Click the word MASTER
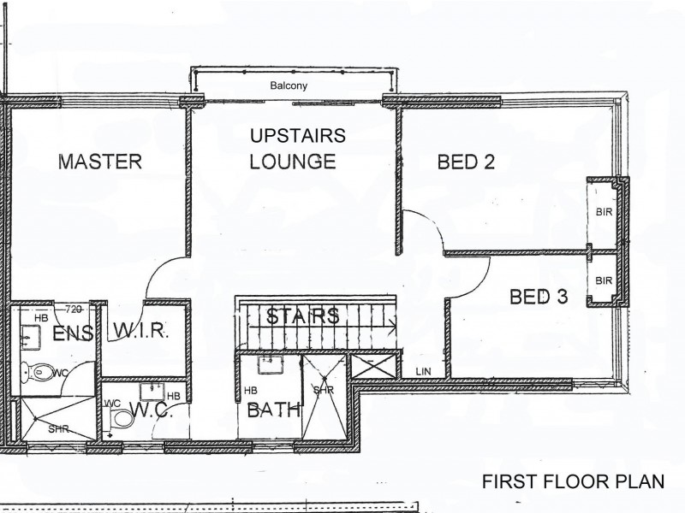pyautogui.click(x=99, y=162)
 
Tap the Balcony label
pyautogui.click(x=289, y=86)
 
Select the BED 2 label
pyautogui.click(x=466, y=162)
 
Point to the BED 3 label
pyautogui.click(x=538, y=297)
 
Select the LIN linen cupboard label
pyautogui.click(x=423, y=370)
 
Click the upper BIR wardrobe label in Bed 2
pyautogui.click(x=603, y=212)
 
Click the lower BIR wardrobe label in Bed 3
pyautogui.click(x=603, y=280)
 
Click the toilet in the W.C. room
pyautogui.click(x=122, y=418)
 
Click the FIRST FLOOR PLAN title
pyautogui.click(x=573, y=481)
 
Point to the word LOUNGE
pyautogui.click(x=292, y=162)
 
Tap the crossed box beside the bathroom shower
pyautogui.click(x=374, y=369)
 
